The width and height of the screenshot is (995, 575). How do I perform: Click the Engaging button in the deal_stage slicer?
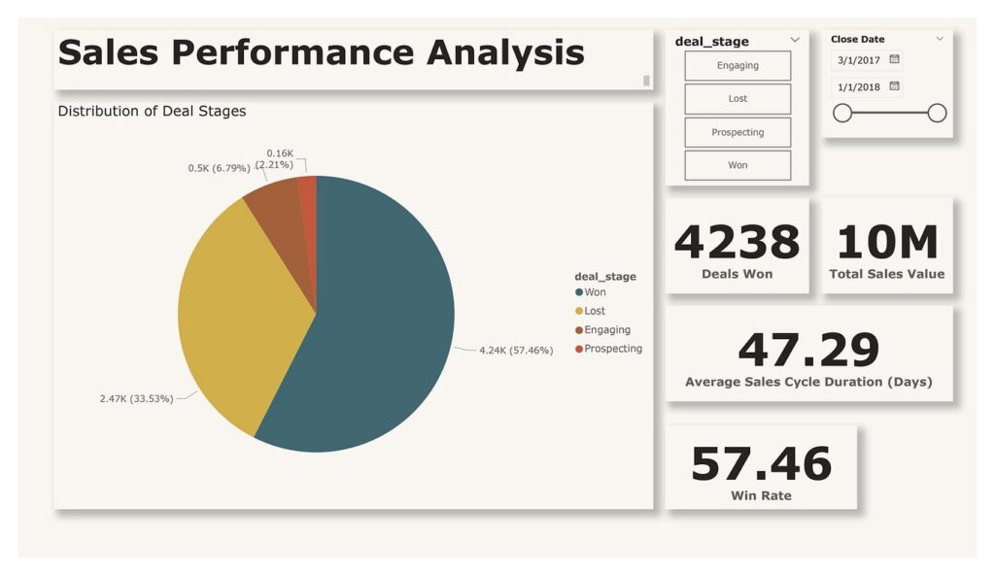[x=738, y=66]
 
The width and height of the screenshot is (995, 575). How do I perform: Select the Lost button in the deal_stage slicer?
[x=738, y=99]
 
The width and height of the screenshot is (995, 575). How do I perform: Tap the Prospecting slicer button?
[x=738, y=132]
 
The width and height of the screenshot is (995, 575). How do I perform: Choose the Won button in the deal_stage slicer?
[x=738, y=165]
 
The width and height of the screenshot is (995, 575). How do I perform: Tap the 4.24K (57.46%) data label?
[x=516, y=351]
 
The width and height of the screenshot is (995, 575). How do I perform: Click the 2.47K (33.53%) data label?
[x=136, y=398]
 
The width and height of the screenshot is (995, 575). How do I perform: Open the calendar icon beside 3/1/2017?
[x=894, y=59]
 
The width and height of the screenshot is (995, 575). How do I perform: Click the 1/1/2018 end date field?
[x=859, y=87]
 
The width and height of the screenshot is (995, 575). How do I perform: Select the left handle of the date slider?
[x=842, y=114]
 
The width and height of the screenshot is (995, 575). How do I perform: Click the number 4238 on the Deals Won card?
[x=737, y=242]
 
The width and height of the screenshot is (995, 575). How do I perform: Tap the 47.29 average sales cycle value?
[x=808, y=351]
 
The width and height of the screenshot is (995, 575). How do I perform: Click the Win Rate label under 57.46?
[x=761, y=496]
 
